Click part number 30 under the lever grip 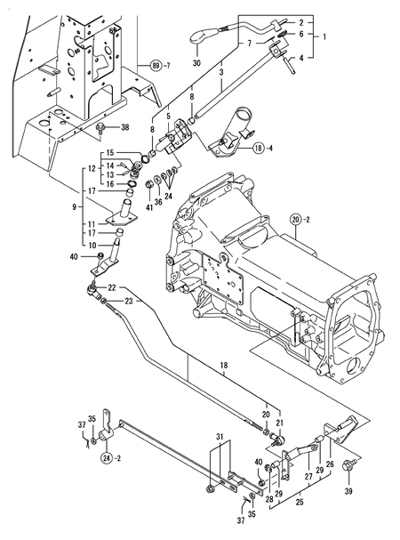[x=196, y=64]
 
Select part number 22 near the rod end [x=113, y=286]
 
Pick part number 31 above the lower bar [x=220, y=434]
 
